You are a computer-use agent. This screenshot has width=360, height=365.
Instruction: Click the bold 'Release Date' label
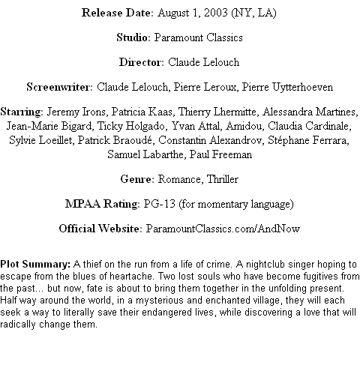pos(116,13)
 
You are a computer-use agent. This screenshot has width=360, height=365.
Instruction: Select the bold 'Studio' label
pos(132,37)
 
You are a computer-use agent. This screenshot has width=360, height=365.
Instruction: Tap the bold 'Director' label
pos(140,62)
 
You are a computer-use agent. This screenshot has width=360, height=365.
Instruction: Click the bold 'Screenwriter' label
pos(58,87)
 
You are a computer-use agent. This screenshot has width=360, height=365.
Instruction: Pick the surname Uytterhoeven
pos(302,87)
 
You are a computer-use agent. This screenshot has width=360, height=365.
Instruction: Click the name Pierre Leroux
pos(205,87)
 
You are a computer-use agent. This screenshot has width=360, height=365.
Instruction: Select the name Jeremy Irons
pos(76,112)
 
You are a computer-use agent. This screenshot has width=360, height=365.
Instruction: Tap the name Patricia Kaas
pos(142,112)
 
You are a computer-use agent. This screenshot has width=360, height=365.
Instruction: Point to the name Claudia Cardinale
pos(308,126)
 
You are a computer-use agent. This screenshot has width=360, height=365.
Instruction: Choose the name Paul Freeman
pos(220,154)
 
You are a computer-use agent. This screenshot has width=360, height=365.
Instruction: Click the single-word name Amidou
pos(244,126)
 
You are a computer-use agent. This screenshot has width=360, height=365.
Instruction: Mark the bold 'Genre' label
pos(136,179)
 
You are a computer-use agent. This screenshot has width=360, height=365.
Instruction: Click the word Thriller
pos(223,179)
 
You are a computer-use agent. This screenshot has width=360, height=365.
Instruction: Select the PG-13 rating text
pos(159,204)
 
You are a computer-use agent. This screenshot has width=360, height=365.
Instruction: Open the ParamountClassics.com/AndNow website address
pos(223,229)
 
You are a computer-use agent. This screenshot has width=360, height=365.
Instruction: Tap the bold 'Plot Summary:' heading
pos(35,265)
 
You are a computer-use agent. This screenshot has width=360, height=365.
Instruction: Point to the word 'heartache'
pos(130,277)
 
